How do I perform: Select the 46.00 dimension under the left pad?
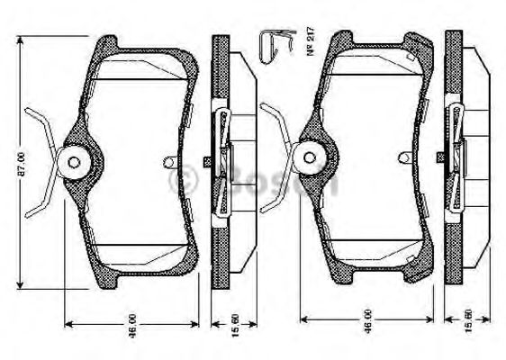[x=131, y=325]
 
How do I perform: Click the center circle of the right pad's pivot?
[x=312, y=158]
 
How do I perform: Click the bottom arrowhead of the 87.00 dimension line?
[x=18, y=289]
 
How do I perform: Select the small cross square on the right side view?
[x=440, y=158]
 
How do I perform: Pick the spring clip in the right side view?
[x=456, y=158]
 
